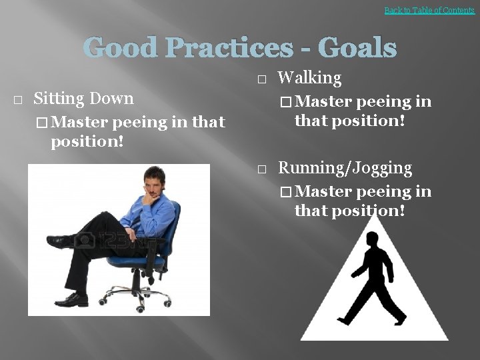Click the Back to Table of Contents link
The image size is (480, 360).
[x=429, y=10]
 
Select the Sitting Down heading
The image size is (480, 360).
[x=83, y=99]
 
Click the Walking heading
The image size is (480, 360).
[x=309, y=78]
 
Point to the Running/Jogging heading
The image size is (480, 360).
[x=345, y=168]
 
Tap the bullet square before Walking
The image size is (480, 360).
[x=261, y=79]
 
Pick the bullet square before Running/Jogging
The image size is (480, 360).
[x=261, y=169]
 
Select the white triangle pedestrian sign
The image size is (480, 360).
[x=373, y=313]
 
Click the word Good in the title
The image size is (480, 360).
[x=120, y=48]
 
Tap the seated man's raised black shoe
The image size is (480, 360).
[x=61, y=241]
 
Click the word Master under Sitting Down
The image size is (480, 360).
[x=80, y=123]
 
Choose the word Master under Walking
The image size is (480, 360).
[x=324, y=102]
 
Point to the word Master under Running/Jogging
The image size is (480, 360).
[x=324, y=192]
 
